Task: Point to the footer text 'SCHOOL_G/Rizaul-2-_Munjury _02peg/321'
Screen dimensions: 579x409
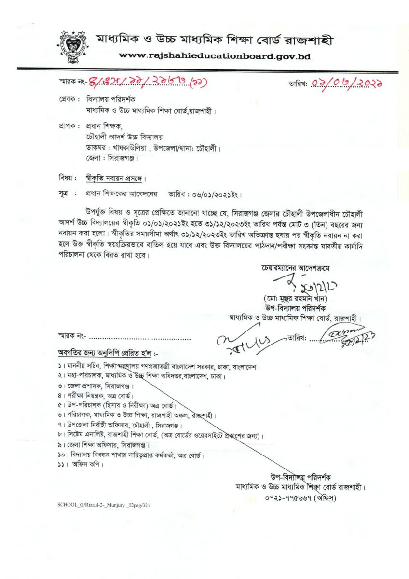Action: point(104,505)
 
